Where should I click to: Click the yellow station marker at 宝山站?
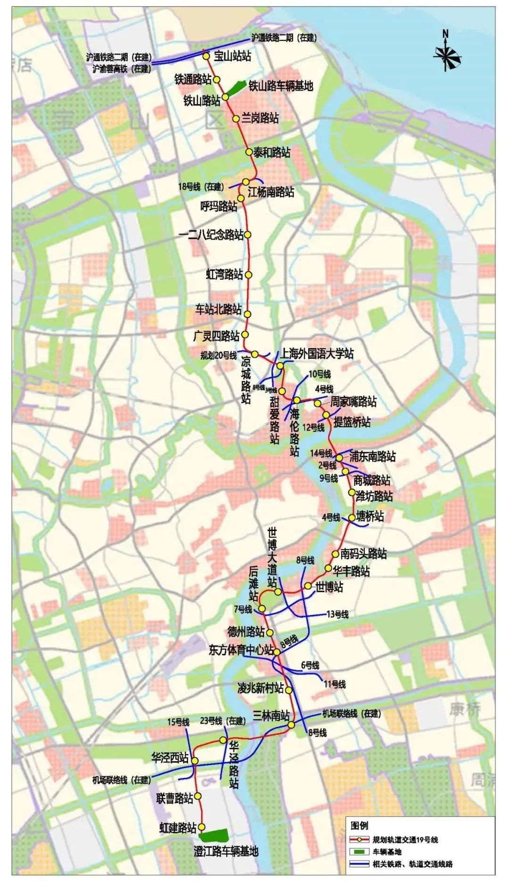(x=206, y=56)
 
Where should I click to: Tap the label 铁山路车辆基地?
(x=280, y=86)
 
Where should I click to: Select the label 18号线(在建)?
(x=201, y=187)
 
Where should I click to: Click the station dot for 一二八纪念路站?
(x=248, y=234)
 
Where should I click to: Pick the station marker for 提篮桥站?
(x=326, y=415)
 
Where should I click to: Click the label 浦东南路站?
(x=372, y=456)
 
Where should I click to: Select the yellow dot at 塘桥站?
(x=352, y=518)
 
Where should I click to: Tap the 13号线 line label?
(x=337, y=615)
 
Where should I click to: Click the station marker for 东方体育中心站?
(x=277, y=652)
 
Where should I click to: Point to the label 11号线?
(x=334, y=684)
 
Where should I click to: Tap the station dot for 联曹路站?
(x=198, y=796)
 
